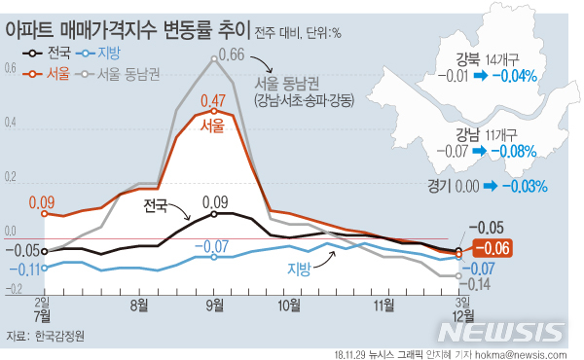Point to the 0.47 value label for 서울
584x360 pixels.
213,100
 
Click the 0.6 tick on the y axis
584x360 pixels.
10,69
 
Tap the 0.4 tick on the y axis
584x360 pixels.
10,124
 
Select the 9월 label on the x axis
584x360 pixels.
214,305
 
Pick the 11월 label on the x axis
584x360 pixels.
384,305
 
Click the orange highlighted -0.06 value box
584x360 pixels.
497,248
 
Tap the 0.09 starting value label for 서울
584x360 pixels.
41,202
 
